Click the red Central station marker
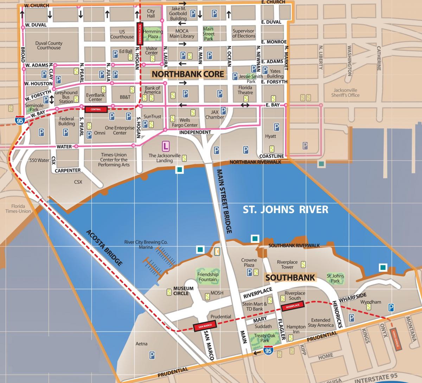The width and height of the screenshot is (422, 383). [x=96, y=109]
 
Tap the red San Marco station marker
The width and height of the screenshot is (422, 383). [x=204, y=326]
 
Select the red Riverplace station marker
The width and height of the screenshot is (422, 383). [x=292, y=306]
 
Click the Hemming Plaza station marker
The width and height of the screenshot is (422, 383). [x=140, y=34]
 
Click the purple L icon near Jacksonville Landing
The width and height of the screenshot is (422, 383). [x=165, y=145]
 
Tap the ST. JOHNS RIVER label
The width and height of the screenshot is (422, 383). [x=286, y=210]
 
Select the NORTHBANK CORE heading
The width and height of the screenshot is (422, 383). [x=188, y=74]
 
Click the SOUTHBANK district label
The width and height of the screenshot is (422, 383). [x=290, y=278]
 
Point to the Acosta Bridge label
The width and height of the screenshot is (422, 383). [x=104, y=248]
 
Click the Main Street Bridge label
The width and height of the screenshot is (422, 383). [x=225, y=201]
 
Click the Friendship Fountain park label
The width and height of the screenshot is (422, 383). [x=207, y=277]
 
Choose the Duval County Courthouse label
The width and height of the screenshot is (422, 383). [x=49, y=45]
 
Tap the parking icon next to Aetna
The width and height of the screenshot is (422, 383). [x=152, y=356]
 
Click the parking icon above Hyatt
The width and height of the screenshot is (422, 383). [x=276, y=127]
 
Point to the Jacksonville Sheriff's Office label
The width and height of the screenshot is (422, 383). [x=345, y=92]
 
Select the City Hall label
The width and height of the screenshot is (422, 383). [x=151, y=13]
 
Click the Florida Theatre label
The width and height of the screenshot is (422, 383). [x=245, y=90]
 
